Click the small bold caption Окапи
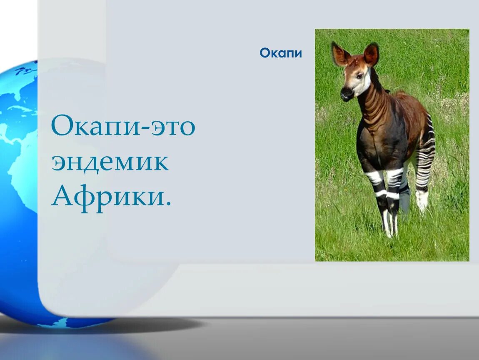[280, 53]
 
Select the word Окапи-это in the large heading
[123, 125]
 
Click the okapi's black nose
[346, 93]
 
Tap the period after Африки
[168, 204]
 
